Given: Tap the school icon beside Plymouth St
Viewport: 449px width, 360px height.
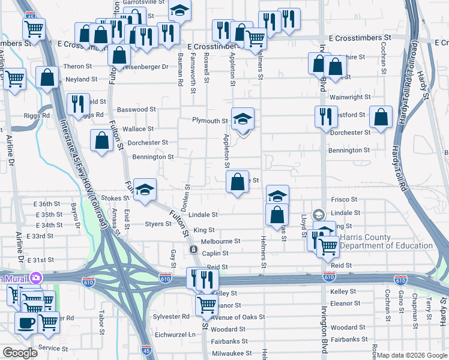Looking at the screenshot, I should (243, 119).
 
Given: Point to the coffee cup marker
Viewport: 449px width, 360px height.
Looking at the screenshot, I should (25, 323).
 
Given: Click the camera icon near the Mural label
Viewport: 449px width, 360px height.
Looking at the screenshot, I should (37, 278).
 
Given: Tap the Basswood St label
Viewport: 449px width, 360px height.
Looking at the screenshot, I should (136, 110).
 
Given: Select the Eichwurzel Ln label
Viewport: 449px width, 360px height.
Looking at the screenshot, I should (175, 334).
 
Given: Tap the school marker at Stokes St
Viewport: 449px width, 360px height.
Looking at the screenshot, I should (145, 190).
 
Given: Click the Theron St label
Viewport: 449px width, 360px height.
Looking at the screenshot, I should (76, 67).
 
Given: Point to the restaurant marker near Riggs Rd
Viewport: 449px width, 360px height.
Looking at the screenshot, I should (77, 104).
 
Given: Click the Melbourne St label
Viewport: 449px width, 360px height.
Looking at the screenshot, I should (220, 241).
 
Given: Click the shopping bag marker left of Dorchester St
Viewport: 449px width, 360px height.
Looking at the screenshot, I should (102, 141).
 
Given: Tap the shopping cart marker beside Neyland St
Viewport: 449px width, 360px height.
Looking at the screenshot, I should (15, 78).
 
